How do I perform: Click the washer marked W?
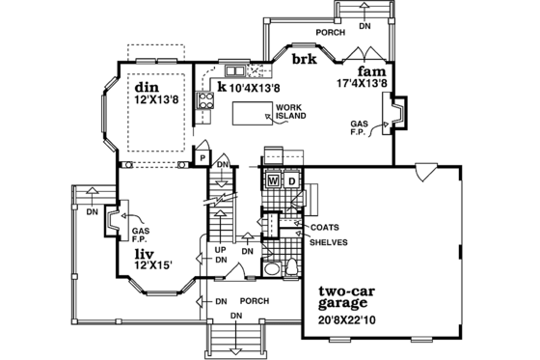pyautogui.click(x=273, y=180)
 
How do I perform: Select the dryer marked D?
pyautogui.click(x=290, y=180)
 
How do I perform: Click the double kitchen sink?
pyautogui.click(x=235, y=71)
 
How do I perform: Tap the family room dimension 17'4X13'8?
pyautogui.click(x=362, y=84)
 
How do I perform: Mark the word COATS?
pyautogui.click(x=324, y=228)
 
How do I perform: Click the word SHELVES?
pyautogui.click(x=328, y=241)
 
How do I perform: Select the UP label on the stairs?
pyautogui.click(x=219, y=249)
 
